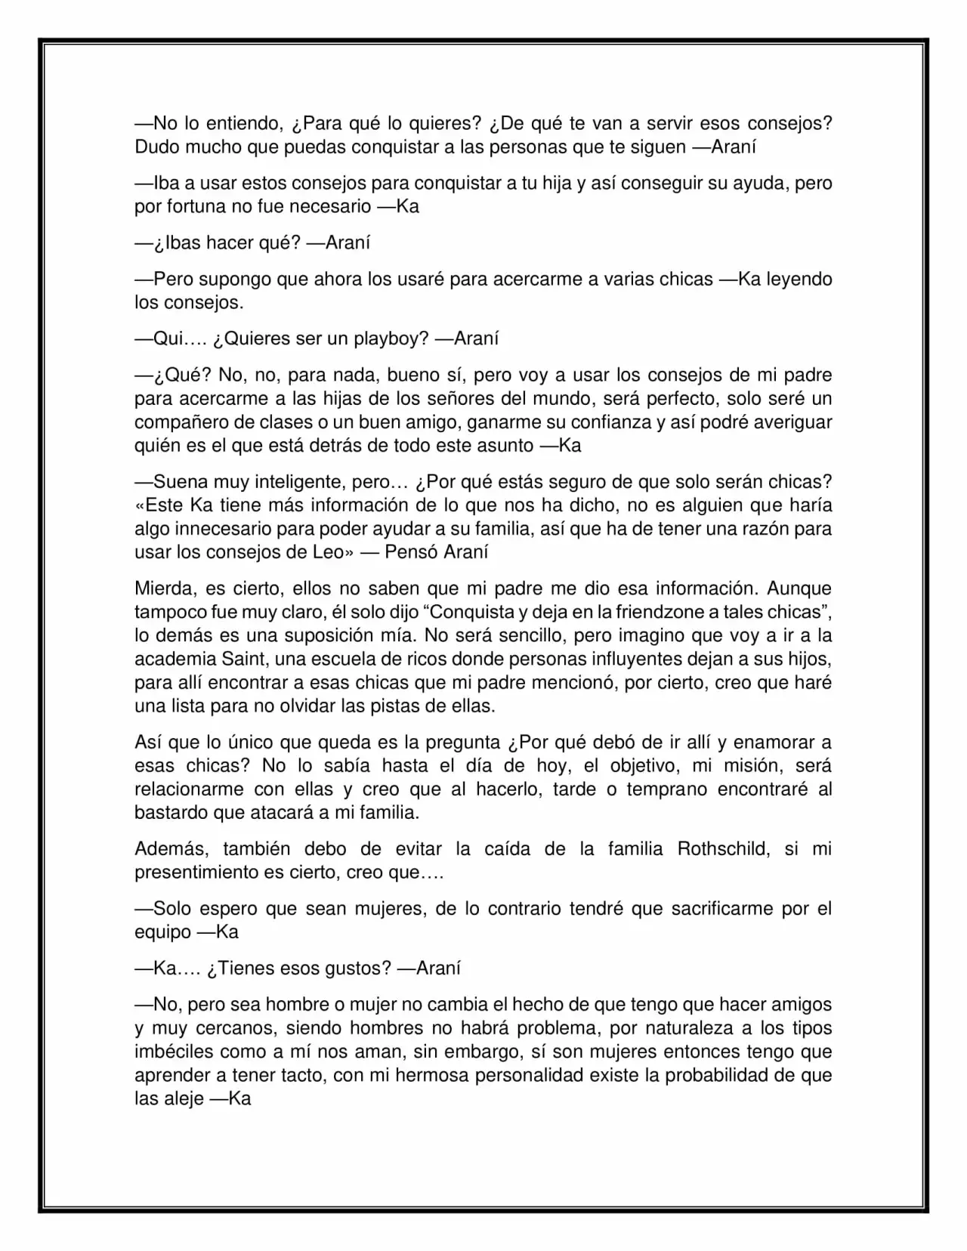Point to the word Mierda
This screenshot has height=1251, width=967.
pos(162,588)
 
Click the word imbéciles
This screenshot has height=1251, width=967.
pos(174,1052)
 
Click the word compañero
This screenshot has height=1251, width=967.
pos(181,422)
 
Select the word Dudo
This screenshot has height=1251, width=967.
pos(157,147)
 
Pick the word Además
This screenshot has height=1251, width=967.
pos(171,849)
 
